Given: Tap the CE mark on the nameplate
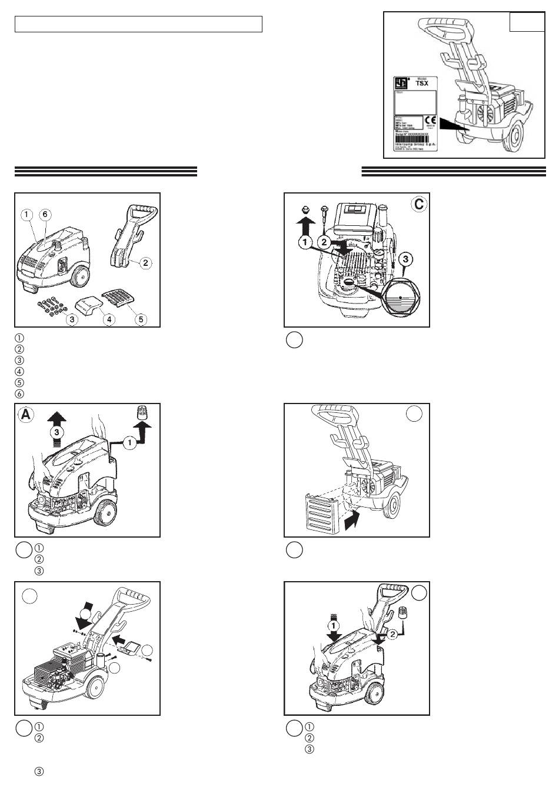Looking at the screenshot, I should click(x=429, y=119).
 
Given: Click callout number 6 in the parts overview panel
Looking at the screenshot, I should click(x=45, y=215).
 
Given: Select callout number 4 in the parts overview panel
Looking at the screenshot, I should click(x=109, y=319).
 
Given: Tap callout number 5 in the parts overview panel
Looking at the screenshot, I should click(x=141, y=319).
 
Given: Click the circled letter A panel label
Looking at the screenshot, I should click(x=26, y=414).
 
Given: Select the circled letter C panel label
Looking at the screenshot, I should click(x=418, y=204).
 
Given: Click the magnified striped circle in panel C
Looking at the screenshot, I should click(x=398, y=298).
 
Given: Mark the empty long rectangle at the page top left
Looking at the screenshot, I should click(x=138, y=24).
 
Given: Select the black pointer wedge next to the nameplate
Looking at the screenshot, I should click(x=452, y=125).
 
